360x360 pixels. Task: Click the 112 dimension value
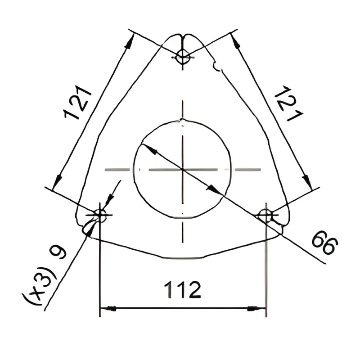pos(183,290)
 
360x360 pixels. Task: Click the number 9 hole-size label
pos(58,252)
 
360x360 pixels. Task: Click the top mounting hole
pos(183,57)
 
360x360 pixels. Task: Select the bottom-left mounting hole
pos(100,216)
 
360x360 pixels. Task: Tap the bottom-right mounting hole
pos(266,216)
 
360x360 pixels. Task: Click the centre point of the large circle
pos(183,170)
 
